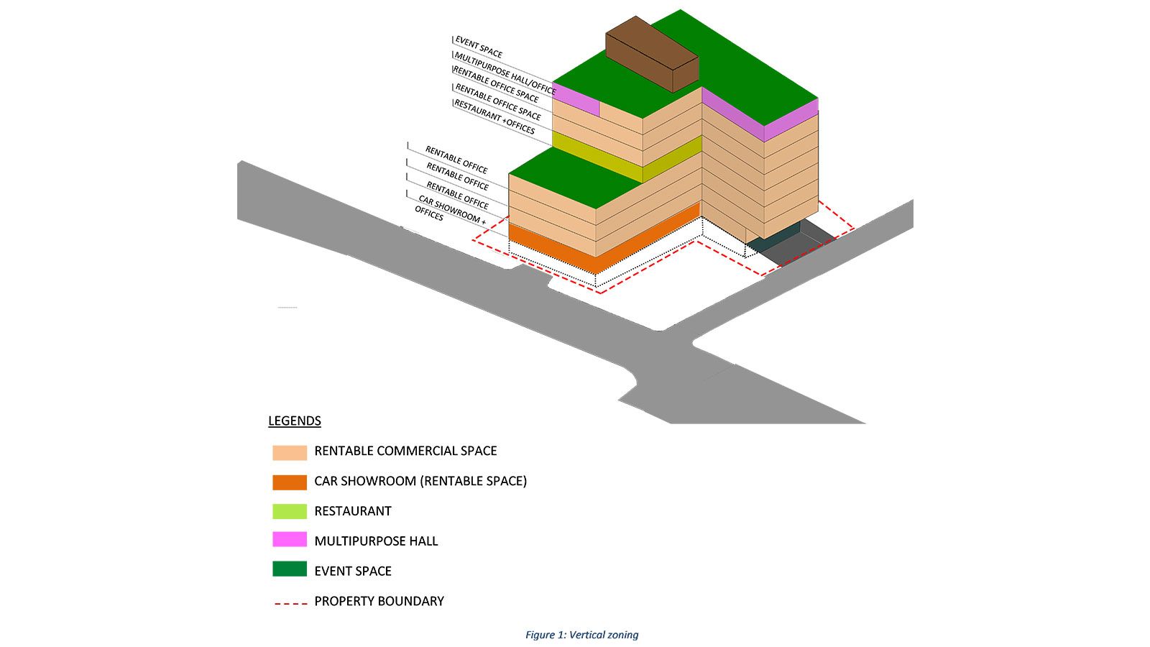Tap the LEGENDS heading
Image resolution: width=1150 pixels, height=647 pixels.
tap(295, 421)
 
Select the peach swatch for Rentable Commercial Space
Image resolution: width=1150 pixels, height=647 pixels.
tap(290, 452)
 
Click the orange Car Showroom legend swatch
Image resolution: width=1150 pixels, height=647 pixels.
tap(290, 482)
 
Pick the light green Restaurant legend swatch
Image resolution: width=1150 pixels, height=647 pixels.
tap(290, 512)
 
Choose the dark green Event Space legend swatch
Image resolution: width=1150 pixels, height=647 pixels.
tap(290, 570)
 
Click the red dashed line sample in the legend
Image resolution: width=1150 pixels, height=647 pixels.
tap(290, 602)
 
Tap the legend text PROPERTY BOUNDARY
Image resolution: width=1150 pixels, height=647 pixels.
tap(379, 601)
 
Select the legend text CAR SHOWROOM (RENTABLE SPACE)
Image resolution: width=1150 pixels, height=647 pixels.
tap(420, 481)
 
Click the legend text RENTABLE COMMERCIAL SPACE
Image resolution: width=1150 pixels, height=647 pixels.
tap(405, 451)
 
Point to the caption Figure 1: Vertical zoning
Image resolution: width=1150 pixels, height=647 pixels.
tap(581, 635)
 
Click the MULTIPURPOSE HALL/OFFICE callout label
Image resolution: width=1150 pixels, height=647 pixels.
tap(505, 73)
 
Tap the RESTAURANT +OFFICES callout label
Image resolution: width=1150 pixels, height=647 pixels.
tap(494, 117)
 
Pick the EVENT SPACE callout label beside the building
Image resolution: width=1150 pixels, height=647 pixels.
tap(479, 47)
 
